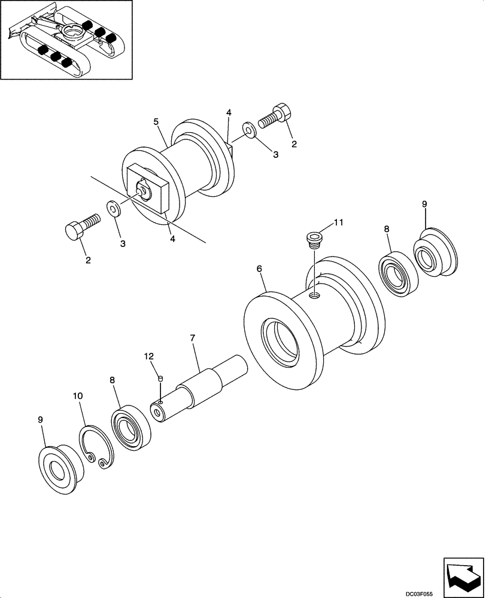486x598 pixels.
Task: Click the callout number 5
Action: pyautogui.click(x=156, y=122)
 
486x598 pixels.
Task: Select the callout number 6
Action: pyautogui.click(x=259, y=269)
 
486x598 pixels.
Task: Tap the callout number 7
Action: pyautogui.click(x=193, y=338)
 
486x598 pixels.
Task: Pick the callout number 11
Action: pyautogui.click(x=339, y=222)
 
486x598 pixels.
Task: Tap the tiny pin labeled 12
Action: pyautogui.click(x=160, y=378)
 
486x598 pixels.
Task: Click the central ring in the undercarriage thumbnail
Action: pyautogui.click(x=76, y=33)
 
